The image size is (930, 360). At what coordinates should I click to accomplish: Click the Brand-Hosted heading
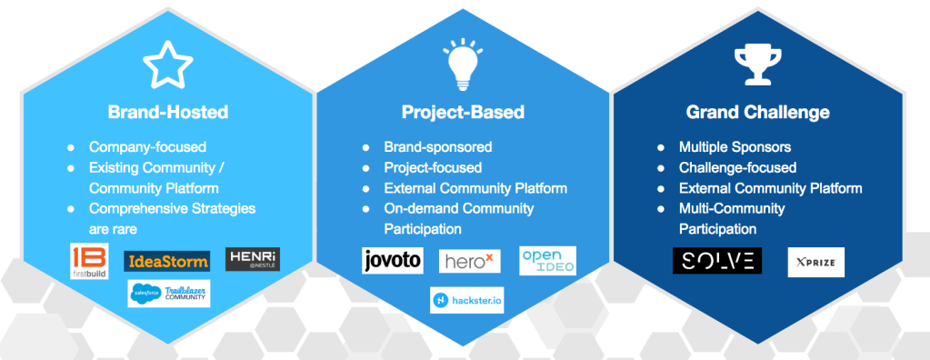[167, 113]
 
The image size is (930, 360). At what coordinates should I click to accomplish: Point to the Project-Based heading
[463, 113]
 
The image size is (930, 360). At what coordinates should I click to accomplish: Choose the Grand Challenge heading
[757, 113]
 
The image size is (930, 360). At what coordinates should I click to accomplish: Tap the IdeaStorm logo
[166, 262]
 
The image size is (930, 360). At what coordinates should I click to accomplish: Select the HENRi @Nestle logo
[252, 259]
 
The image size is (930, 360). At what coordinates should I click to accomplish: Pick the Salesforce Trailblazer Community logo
[169, 294]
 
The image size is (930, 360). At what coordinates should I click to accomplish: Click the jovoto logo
[393, 260]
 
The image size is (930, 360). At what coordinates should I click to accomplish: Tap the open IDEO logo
[547, 260]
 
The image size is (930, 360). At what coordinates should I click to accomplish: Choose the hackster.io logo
[466, 300]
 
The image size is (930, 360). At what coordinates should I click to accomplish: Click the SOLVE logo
[716, 261]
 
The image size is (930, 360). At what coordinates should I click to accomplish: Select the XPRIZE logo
[815, 262]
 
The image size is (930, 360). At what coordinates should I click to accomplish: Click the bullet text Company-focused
[147, 146]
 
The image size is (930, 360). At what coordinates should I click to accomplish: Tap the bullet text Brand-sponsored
[438, 146]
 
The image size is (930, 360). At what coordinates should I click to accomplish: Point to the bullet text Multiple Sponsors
[735, 146]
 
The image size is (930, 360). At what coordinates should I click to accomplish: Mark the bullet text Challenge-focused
[737, 167]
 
